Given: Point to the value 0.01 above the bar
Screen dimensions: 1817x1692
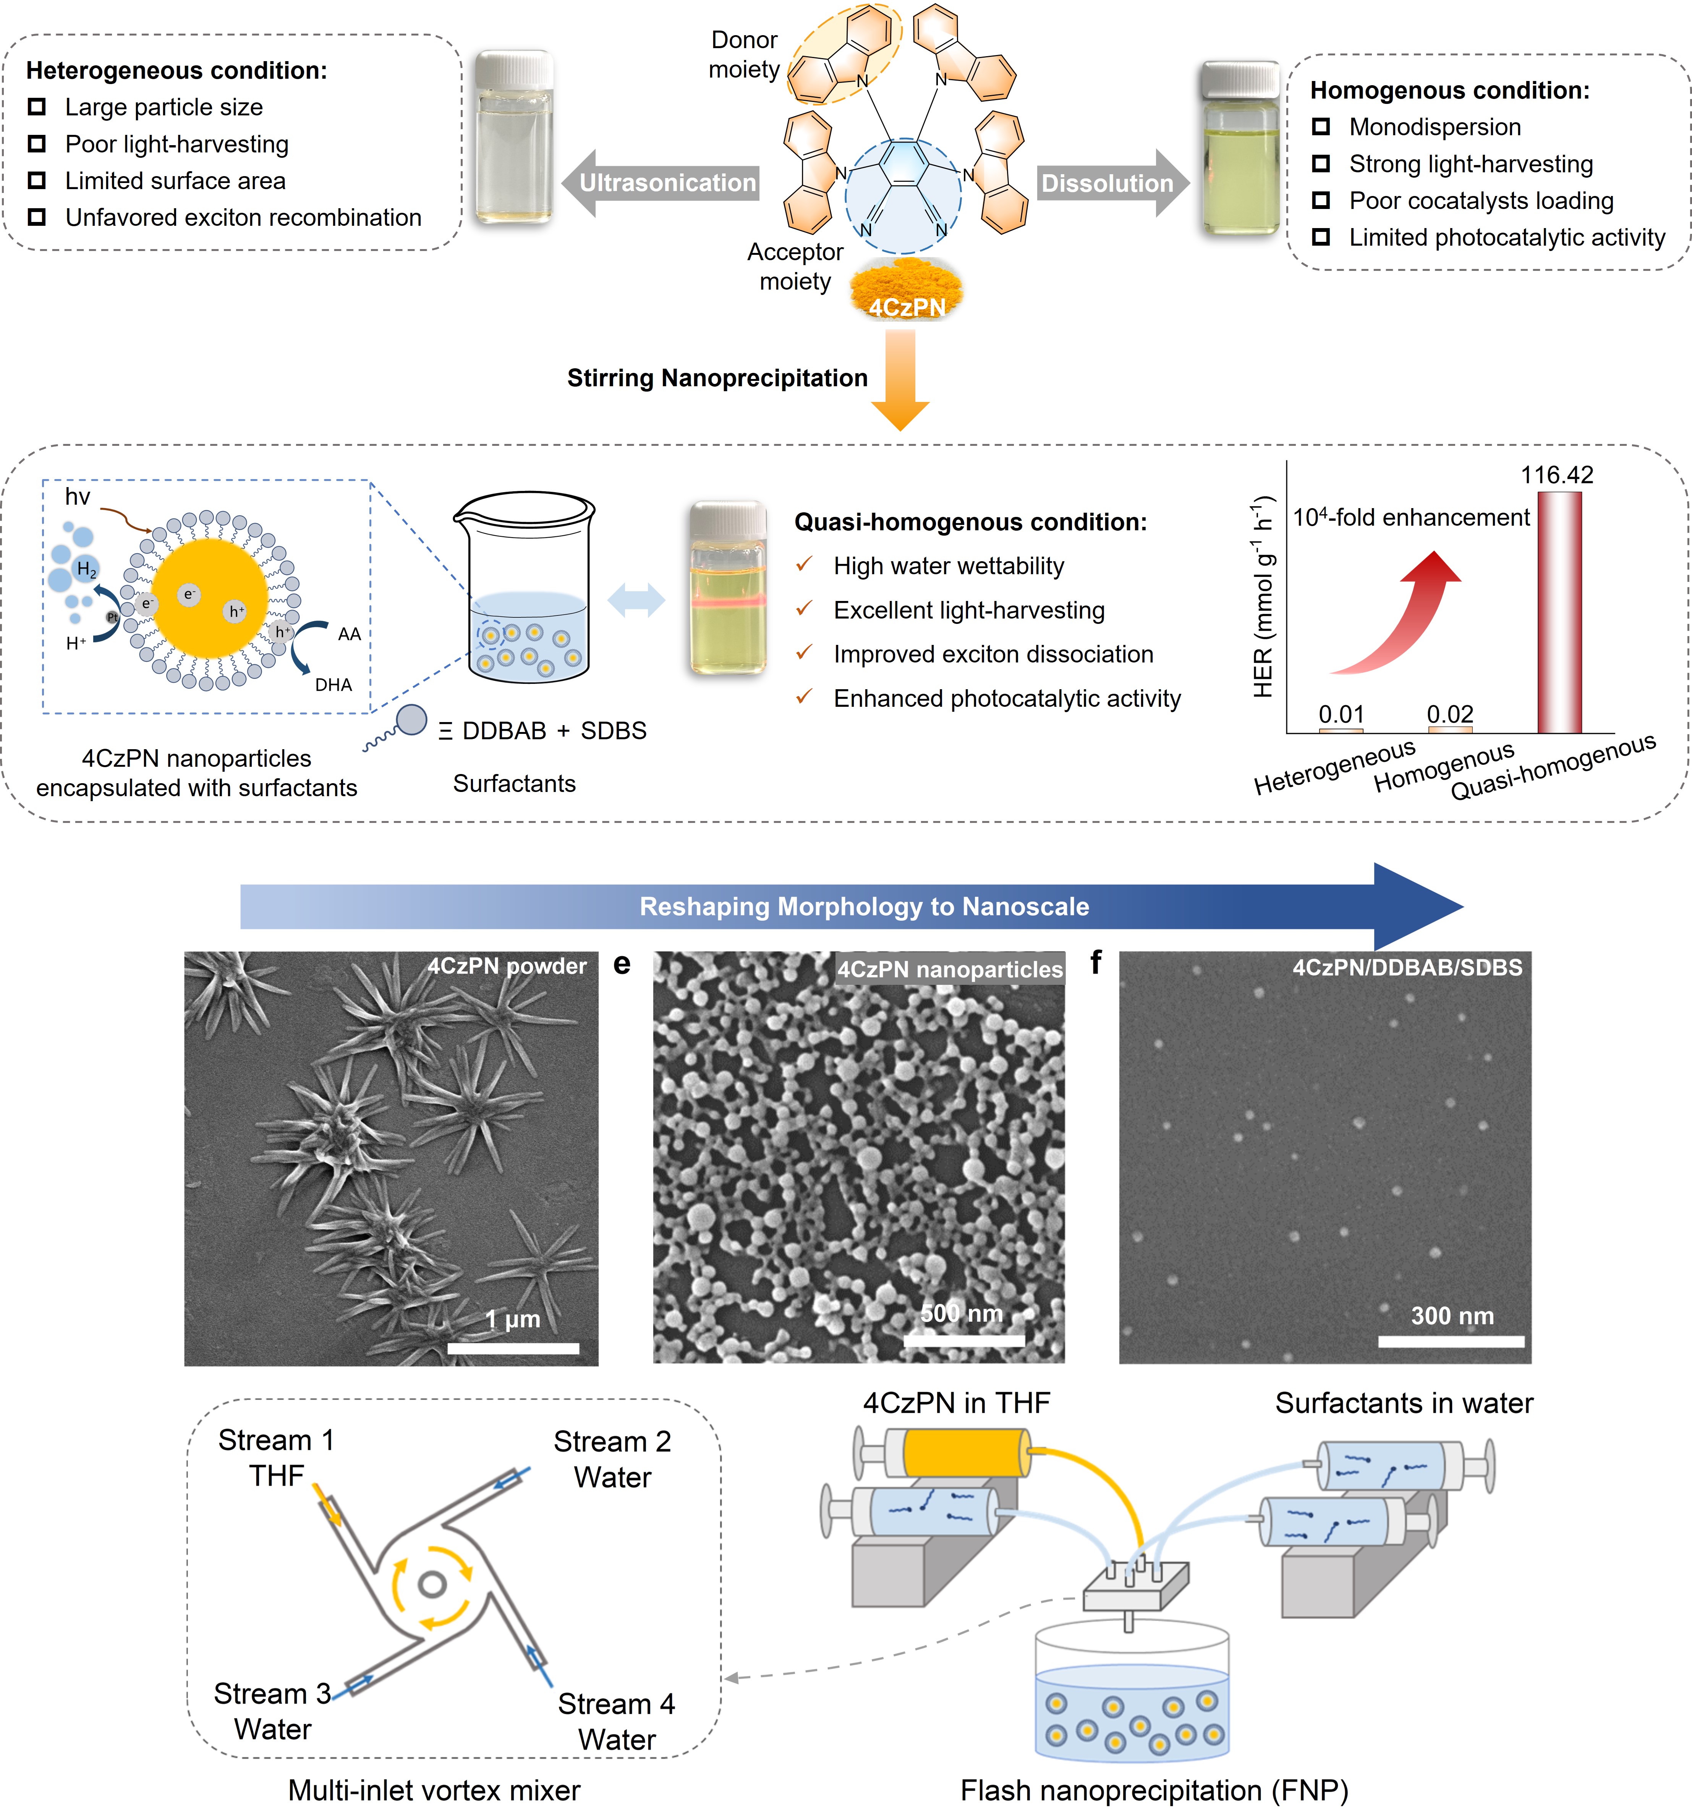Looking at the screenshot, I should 1341,714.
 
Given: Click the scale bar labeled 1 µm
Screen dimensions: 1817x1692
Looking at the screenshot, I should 513,1347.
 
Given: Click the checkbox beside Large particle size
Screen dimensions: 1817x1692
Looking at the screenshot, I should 37,107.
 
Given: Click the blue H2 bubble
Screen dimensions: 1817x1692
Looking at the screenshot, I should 86,569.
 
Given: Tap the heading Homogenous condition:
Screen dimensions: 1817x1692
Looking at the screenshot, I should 1450,91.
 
